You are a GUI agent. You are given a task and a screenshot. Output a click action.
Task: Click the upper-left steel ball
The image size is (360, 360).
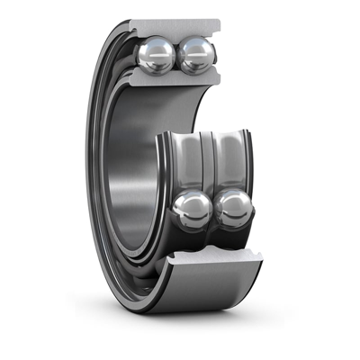(x=156, y=55)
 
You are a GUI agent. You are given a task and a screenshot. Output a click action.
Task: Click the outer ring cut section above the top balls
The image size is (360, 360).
(x=175, y=27)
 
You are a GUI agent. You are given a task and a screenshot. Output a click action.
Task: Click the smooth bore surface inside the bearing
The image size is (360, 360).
(x=135, y=171)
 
